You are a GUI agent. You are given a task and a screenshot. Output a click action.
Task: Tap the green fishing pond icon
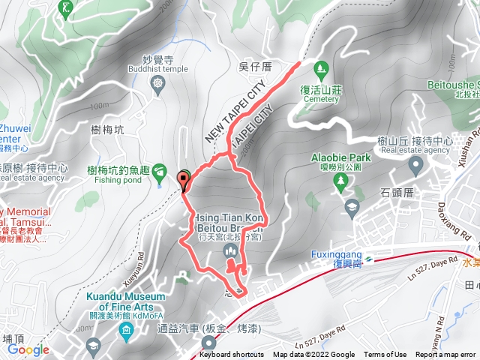tap(159, 174)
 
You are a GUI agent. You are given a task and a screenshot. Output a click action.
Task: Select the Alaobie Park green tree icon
tap(340, 181)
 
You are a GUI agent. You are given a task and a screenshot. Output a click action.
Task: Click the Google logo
tap(28, 349)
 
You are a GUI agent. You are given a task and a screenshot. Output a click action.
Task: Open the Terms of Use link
tap(385, 355)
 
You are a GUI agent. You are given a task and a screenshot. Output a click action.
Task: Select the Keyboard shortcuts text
tap(232, 355)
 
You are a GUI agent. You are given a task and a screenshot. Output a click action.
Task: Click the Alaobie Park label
tap(341, 158)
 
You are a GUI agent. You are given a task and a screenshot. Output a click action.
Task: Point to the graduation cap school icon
tap(351, 206)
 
